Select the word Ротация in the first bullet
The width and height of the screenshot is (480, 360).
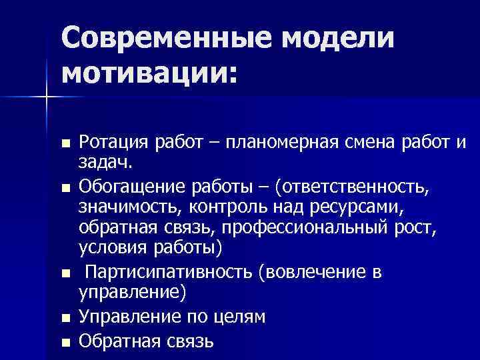(x=113, y=142)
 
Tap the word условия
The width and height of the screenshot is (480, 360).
(x=113, y=249)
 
